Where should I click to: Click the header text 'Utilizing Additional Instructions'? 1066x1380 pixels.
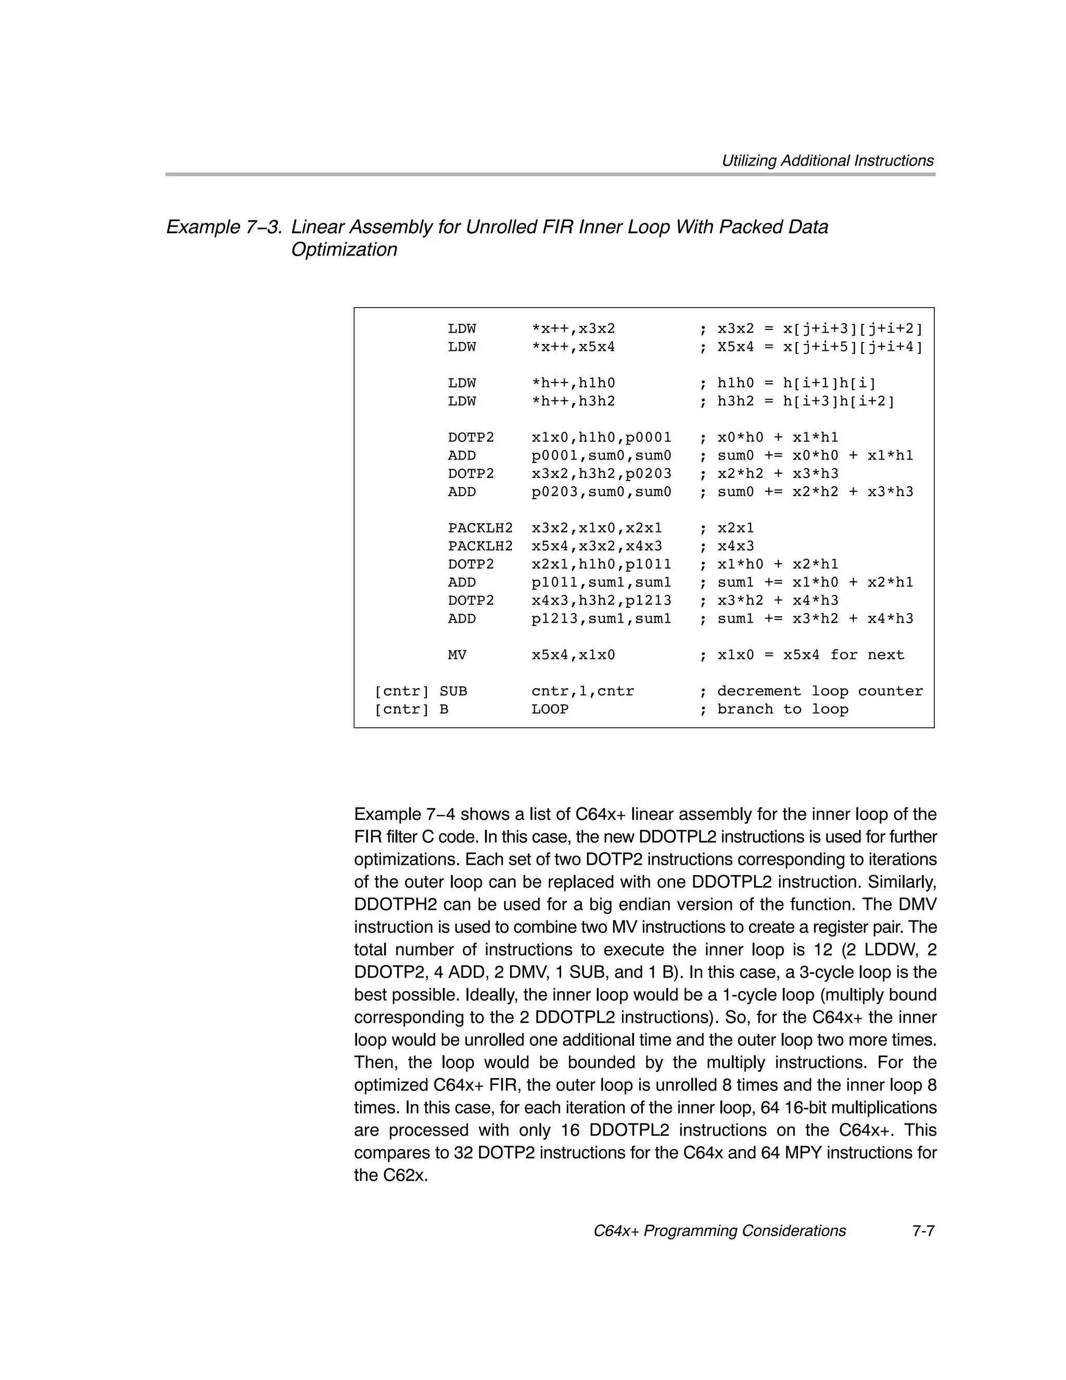point(827,161)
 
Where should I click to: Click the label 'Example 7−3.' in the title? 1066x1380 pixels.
point(224,227)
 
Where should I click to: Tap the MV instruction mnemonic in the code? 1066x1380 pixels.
point(457,655)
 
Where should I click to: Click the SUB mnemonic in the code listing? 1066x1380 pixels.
point(453,691)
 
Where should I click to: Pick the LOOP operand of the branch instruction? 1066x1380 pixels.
point(550,710)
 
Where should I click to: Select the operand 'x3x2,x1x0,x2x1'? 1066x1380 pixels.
point(597,528)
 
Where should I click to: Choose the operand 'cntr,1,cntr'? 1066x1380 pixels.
point(582,691)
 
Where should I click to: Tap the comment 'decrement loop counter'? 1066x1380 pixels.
point(820,691)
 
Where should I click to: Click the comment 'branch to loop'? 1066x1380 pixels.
point(782,710)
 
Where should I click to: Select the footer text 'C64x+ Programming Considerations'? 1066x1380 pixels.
point(719,1231)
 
